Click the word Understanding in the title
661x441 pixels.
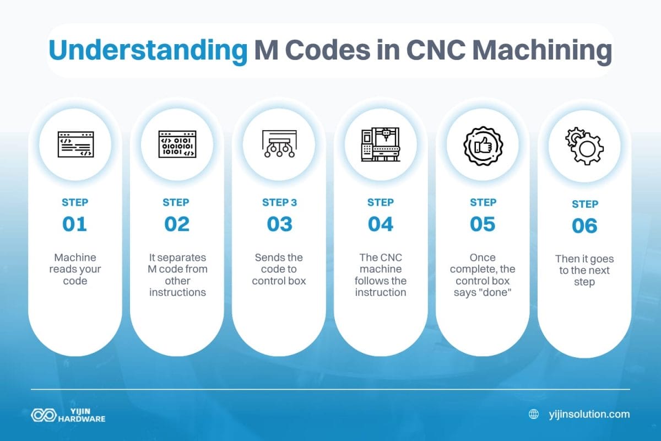point(147,51)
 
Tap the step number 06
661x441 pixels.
point(584,226)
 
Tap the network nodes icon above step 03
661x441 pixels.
point(279,145)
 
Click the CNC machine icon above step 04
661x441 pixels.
point(381,145)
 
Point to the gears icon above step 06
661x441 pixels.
point(584,146)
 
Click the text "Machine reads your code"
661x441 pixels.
point(75,269)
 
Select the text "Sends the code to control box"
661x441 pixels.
point(279,269)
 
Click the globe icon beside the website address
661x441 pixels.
point(534,414)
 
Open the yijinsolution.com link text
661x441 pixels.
point(589,414)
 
